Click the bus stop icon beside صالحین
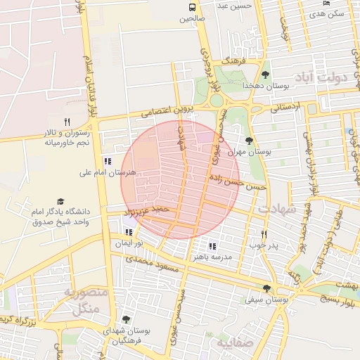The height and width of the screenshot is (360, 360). pyautogui.click(x=191, y=8)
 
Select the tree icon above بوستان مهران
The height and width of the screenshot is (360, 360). pyautogui.click(x=250, y=140)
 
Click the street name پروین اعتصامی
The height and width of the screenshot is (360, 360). pyautogui.click(x=165, y=109)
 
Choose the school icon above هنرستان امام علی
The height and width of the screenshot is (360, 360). pyautogui.click(x=106, y=161)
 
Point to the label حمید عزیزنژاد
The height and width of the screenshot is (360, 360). pyautogui.click(x=146, y=210)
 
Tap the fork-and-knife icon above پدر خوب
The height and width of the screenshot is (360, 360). pyautogui.click(x=264, y=234)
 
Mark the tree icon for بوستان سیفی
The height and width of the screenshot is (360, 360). pyautogui.click(x=266, y=288)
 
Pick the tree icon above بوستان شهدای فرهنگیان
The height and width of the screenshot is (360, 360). pyautogui.click(x=126, y=319)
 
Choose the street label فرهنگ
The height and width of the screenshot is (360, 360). pyautogui.click(x=230, y=62)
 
